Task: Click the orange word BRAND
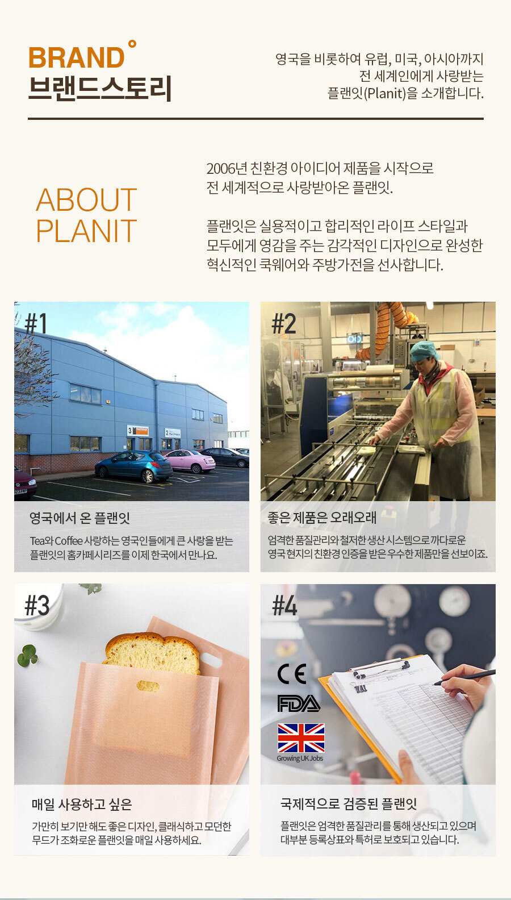pyautogui.click(x=76, y=58)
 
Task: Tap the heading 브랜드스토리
pyautogui.click(x=100, y=88)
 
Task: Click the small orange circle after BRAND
pyautogui.click(x=132, y=43)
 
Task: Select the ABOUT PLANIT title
pyautogui.click(x=86, y=215)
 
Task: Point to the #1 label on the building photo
pyautogui.click(x=36, y=324)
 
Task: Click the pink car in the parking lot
pyautogui.click(x=190, y=460)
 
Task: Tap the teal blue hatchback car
pyautogui.click(x=133, y=466)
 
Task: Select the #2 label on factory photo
pyautogui.click(x=284, y=324)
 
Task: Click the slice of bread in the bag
pyautogui.click(x=152, y=653)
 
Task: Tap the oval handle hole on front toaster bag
pyautogui.click(x=148, y=686)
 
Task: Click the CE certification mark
pyautogui.click(x=292, y=674)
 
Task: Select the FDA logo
pyautogui.click(x=299, y=703)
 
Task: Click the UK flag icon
pyautogui.click(x=301, y=738)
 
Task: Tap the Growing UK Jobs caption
pyautogui.click(x=300, y=759)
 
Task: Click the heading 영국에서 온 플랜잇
pyautogui.click(x=79, y=518)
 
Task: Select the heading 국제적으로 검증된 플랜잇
pyautogui.click(x=349, y=804)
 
